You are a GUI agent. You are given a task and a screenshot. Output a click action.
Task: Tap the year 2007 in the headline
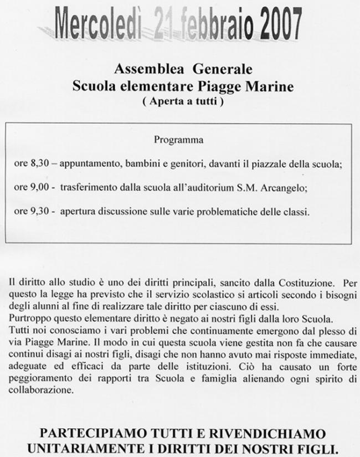point(274,23)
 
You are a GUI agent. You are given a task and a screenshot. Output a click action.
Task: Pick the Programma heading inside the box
point(178,140)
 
